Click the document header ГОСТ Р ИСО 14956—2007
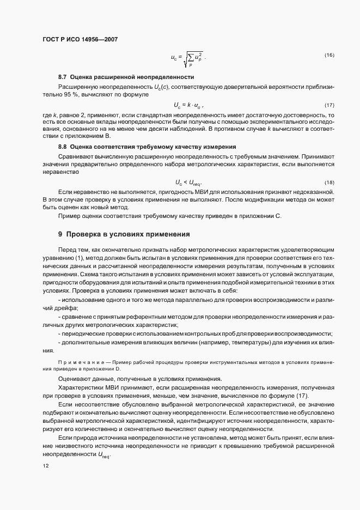[x=80, y=39]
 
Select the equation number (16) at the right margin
[x=329, y=56]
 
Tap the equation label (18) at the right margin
[x=329, y=182]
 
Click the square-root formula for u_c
[x=188, y=57]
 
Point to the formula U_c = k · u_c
[x=188, y=105]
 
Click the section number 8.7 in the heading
[x=62, y=77]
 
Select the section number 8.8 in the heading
[x=62, y=147]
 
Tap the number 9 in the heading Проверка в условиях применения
[x=60, y=234]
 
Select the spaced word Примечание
[x=76, y=362]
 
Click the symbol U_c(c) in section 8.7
[x=161, y=87]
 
